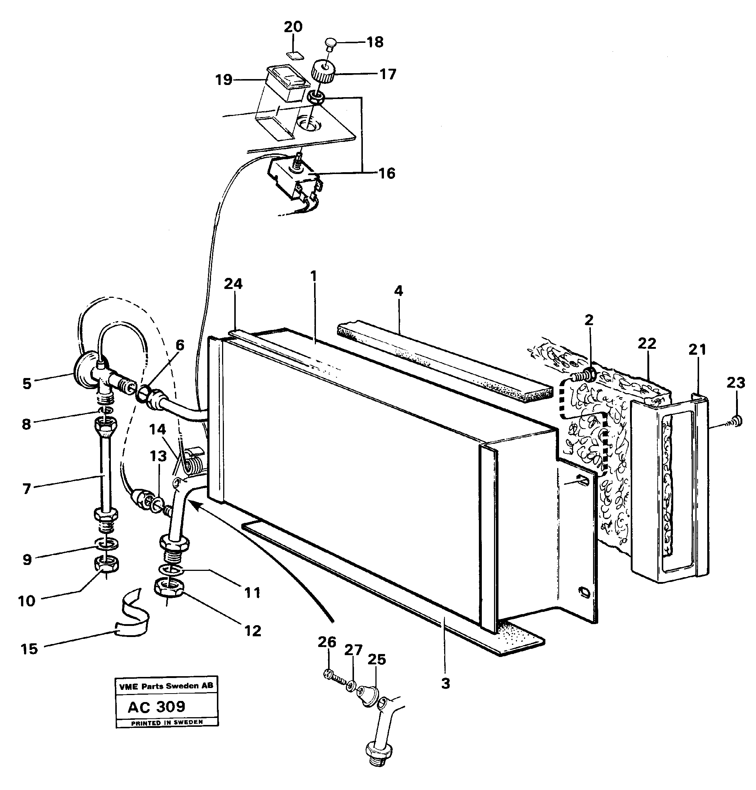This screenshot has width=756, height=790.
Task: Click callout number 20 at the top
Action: click(293, 27)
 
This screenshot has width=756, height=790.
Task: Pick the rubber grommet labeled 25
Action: click(368, 696)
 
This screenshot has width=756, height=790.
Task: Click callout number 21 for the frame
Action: click(697, 349)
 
